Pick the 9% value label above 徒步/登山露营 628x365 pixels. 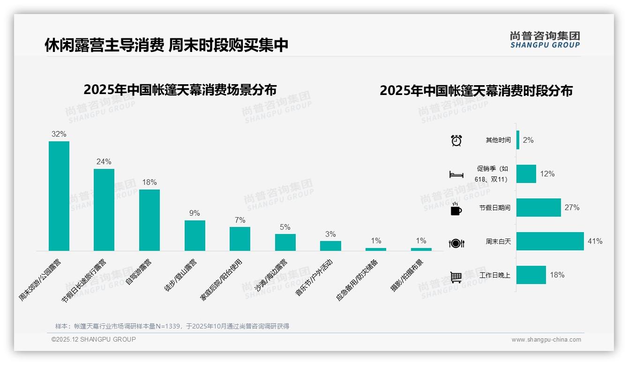(x=194, y=213)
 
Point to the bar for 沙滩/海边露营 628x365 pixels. (x=285, y=242)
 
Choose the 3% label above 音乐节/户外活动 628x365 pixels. (x=330, y=234)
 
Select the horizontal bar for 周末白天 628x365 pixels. (x=550, y=241)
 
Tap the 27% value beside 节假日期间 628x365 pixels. (x=572, y=207)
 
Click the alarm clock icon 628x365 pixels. (x=456, y=140)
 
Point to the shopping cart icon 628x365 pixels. (x=456, y=277)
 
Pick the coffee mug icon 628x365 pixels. (x=456, y=209)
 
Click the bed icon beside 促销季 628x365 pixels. (x=456, y=175)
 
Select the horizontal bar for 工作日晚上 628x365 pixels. (x=531, y=275)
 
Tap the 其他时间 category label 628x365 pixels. (x=498, y=140)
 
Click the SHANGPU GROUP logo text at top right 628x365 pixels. (x=545, y=45)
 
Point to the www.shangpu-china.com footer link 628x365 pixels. (x=546, y=340)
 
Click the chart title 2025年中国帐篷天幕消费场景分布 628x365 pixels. (x=180, y=89)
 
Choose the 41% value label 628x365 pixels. (x=595, y=241)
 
